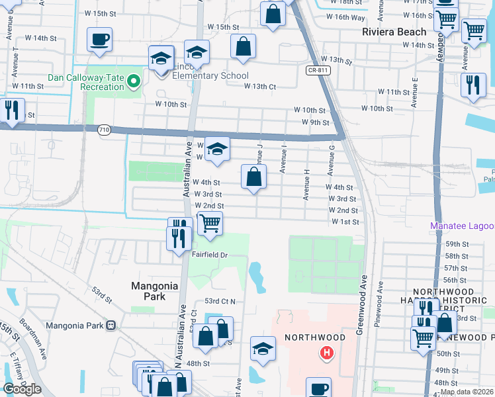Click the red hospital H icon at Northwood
[x=326, y=353]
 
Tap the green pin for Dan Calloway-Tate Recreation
[x=134, y=81]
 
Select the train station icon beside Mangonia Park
[x=111, y=326]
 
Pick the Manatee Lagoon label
[x=462, y=226]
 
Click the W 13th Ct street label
[x=259, y=86]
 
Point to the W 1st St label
[x=345, y=222]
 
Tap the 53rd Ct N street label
[x=220, y=301]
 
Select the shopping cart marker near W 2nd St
[x=210, y=223]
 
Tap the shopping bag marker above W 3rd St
[x=253, y=177]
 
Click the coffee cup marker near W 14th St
[x=99, y=40]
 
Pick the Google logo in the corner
[x=22, y=389]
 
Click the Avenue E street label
[x=415, y=92]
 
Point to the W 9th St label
[x=315, y=122]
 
